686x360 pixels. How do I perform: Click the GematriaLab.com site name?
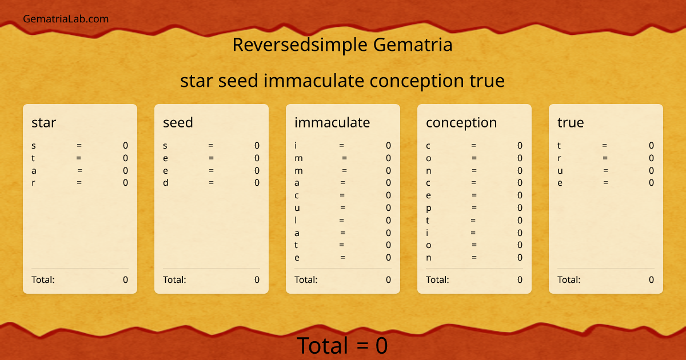(66, 19)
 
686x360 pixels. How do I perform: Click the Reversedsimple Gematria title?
(342, 45)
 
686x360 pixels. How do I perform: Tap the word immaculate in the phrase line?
(314, 81)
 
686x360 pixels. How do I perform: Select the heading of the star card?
(43, 122)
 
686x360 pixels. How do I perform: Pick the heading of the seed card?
(178, 122)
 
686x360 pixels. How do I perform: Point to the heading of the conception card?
(461, 122)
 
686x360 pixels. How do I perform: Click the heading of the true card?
(571, 122)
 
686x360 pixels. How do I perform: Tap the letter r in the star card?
(33, 183)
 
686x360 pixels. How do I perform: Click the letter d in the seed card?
(165, 183)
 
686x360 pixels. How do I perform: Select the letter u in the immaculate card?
(297, 208)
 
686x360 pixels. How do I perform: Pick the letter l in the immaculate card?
(296, 220)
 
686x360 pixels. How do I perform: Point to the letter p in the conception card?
(429, 208)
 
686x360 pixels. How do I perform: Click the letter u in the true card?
(560, 171)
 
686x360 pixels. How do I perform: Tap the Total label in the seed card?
(174, 279)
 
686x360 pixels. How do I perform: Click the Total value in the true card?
(651, 279)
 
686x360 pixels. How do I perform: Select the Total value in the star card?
(125, 279)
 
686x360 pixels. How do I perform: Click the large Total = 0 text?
(342, 346)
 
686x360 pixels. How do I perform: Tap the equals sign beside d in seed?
(211, 183)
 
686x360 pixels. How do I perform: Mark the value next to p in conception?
(520, 208)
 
